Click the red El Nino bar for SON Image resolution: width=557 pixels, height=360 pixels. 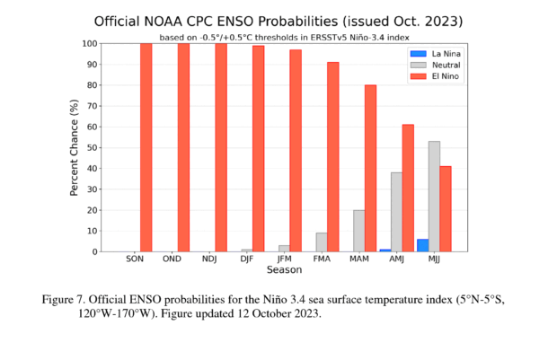coord(146,147)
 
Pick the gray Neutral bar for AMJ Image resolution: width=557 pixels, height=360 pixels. coord(396,212)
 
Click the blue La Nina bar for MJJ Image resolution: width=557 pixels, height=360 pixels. coord(422,245)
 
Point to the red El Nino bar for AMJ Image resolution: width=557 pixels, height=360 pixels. coord(408,188)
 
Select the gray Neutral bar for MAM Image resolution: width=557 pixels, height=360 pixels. coord(358,231)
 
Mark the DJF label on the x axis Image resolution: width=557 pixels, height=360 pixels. coord(246,259)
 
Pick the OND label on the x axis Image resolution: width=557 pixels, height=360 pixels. coord(172,259)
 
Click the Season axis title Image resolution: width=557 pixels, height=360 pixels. coord(284,269)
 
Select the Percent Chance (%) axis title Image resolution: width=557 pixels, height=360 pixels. coord(75,147)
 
